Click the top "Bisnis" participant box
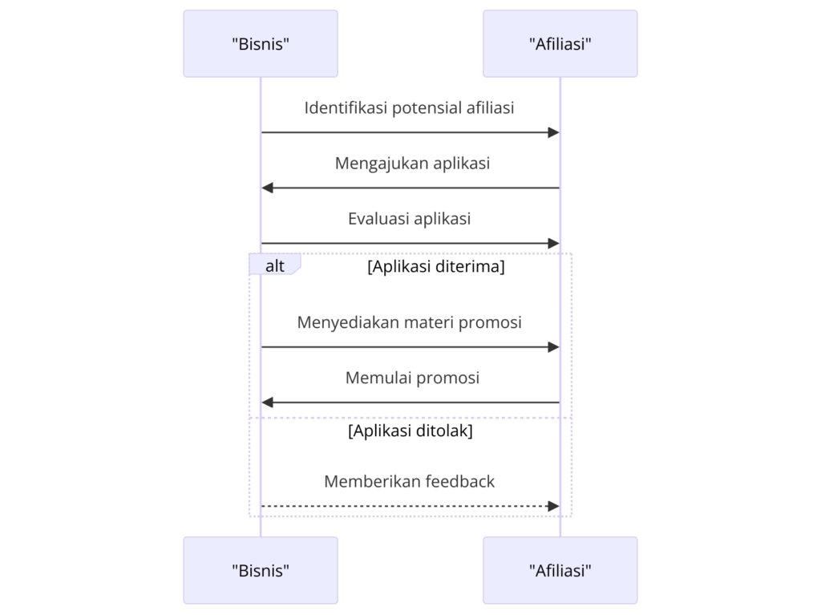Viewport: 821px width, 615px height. click(261, 44)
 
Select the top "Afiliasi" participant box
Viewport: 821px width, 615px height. click(560, 44)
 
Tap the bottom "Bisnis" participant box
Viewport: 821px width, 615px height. click(261, 570)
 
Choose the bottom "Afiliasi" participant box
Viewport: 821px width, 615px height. click(560, 570)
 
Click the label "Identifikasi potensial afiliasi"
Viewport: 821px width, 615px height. click(409, 107)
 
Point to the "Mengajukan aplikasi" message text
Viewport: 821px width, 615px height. click(412, 163)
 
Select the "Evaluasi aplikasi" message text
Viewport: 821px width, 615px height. click(409, 218)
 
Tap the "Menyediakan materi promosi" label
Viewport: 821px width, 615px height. click(409, 322)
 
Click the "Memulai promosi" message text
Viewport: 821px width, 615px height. click(412, 378)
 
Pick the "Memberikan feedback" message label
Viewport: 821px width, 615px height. click(409, 481)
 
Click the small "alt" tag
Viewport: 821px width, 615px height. click(275, 266)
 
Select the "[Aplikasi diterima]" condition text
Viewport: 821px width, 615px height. click(435, 267)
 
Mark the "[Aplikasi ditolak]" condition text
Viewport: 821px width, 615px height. click(410, 431)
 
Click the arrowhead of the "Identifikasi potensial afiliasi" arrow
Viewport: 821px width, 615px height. click(553, 132)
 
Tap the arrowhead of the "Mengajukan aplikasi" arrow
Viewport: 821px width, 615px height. click(268, 188)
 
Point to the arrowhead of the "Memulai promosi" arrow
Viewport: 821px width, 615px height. click(268, 403)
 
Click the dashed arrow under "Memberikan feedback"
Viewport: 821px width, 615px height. click(409, 506)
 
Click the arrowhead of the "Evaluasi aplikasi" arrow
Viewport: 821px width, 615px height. click(553, 243)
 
